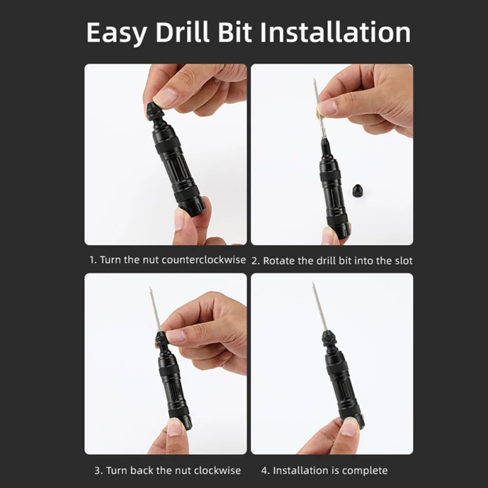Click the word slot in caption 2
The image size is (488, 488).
(x=403, y=261)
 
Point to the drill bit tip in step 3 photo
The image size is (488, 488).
(x=151, y=289)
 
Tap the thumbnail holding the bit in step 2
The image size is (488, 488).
(x=327, y=107)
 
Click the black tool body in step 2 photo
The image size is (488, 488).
(x=334, y=195)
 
